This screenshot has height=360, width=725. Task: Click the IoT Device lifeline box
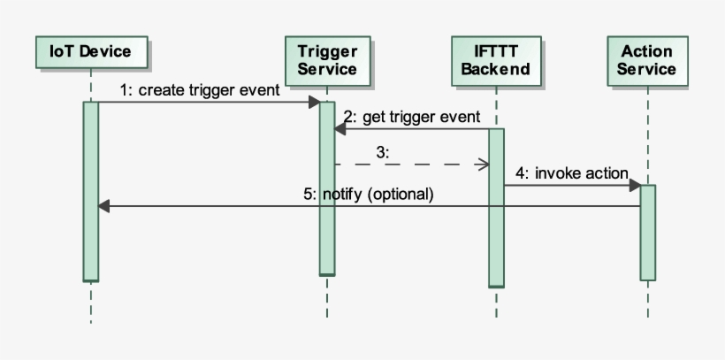90,51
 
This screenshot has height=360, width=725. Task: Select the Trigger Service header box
326,60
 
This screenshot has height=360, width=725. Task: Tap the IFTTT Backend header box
495,60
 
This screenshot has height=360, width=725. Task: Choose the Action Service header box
646,60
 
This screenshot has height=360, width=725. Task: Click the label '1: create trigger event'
200,89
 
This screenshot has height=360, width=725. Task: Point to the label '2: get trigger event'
411,117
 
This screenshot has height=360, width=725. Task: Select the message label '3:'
382,152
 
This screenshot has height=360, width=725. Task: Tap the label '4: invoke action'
572,172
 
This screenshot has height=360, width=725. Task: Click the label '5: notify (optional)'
369,194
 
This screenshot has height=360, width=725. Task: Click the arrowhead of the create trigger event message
314,103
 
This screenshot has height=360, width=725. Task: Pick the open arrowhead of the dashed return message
484,164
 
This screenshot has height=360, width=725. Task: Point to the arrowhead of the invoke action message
635,186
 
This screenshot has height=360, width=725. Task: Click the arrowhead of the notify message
103,206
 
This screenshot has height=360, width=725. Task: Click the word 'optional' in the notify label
402,194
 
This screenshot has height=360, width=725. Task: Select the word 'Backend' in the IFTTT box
495,69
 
